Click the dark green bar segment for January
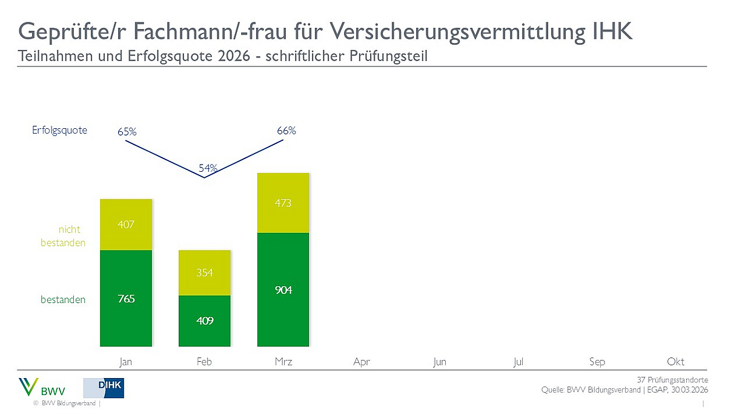[126, 298]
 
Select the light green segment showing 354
[205, 273]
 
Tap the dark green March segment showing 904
[283, 290]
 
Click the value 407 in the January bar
[126, 224]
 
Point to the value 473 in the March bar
[283, 203]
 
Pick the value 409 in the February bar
[205, 321]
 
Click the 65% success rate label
[127, 131]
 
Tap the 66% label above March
[286, 131]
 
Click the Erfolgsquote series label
[60, 130]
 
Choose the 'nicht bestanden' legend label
[63, 236]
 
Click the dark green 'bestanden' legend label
[63, 299]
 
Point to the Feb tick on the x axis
[205, 362]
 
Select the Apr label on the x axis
[362, 362]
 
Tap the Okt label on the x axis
[675, 362]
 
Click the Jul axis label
[518, 362]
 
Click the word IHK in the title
[611, 31]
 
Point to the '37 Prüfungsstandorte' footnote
[672, 380]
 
